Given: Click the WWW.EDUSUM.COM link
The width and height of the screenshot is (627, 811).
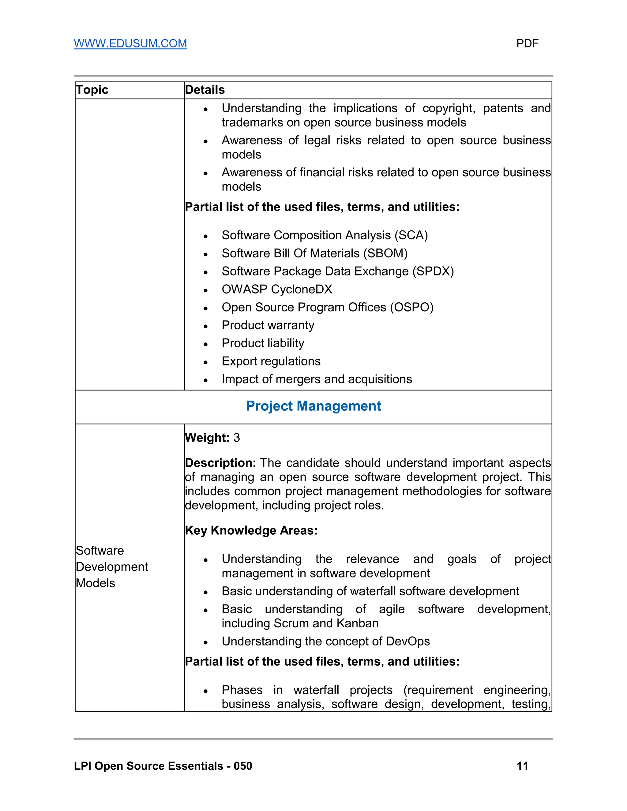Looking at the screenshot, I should coord(130,43).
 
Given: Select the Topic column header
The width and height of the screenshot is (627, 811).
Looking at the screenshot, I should coord(92,90).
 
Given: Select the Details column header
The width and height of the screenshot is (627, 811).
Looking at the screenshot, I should coord(205,90).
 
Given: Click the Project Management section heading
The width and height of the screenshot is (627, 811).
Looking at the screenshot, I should coord(313,406).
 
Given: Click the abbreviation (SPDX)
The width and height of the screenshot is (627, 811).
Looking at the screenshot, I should coord(433,271).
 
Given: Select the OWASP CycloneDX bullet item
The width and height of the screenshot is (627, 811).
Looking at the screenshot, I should coord(277,289).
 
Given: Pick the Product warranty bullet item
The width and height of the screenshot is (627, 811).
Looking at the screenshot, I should coord(268,325).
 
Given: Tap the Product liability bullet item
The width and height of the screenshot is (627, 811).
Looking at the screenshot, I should coord(263,343).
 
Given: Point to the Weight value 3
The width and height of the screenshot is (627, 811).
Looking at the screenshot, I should coord(237,438).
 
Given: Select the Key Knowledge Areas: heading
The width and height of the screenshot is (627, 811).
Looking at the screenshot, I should coord(251,530).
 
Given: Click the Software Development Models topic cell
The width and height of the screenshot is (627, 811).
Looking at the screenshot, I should coord(111,567).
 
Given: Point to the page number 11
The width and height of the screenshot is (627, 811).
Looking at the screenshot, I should coord(522,766).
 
